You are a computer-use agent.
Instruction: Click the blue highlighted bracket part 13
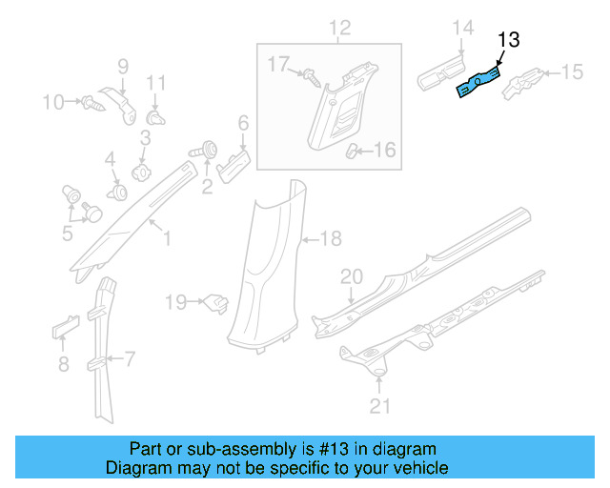point(479,82)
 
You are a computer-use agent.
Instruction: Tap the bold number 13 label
point(509,39)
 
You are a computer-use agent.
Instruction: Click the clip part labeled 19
point(216,304)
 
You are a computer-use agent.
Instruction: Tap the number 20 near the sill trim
point(352,276)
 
